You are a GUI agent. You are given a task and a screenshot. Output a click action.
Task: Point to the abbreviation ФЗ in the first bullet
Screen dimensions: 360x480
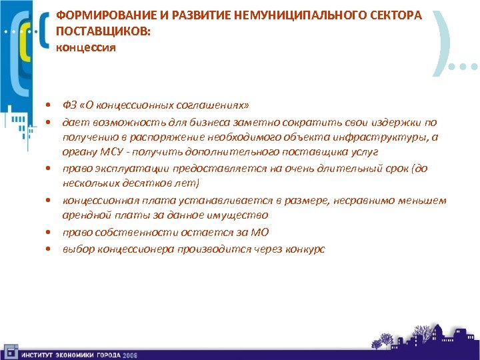tap(69, 105)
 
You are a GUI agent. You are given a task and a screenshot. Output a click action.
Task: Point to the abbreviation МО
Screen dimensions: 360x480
tap(259, 232)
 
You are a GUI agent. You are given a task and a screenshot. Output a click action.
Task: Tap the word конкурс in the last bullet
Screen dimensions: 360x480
tap(304, 249)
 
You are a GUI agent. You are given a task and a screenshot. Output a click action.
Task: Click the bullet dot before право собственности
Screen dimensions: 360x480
tap(49, 233)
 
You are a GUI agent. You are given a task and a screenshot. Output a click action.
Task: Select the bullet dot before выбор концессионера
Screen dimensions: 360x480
tap(49, 249)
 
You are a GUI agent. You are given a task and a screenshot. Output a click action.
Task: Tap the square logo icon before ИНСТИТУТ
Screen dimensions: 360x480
tap(11, 351)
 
